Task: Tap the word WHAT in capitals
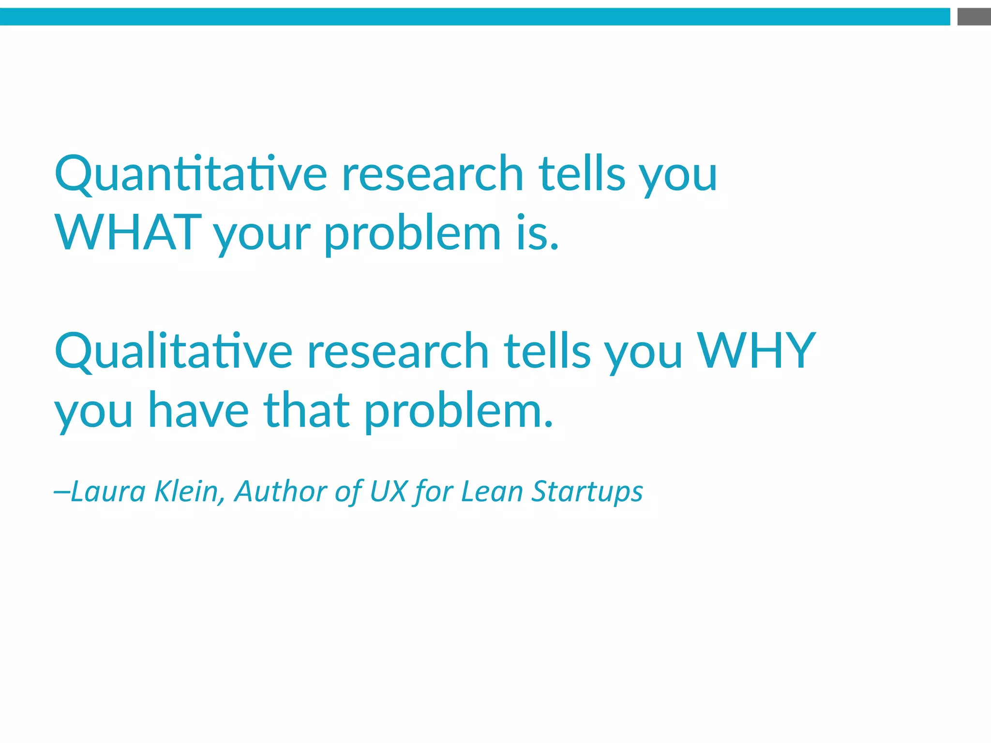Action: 128,233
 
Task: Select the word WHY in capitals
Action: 756,351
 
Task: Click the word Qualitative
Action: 174,352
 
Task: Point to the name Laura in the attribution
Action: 108,491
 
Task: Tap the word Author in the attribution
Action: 281,491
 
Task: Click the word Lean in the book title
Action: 492,491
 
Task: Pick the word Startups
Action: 587,492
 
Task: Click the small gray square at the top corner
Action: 974,17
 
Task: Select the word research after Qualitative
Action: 398,352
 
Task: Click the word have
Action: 198,411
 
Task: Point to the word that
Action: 306,411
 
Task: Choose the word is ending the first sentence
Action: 537,233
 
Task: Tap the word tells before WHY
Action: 547,352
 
